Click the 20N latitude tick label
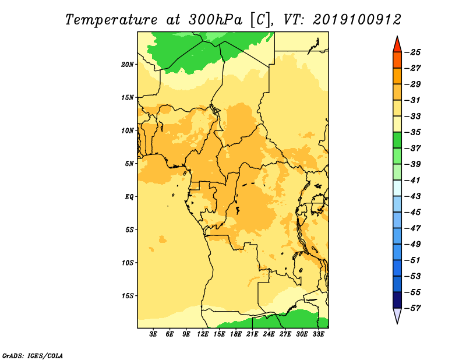pos(128,64)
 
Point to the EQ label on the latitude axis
pos(129,196)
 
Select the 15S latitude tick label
pos(128,295)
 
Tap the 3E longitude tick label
pos(153,334)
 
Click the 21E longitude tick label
pos(252,334)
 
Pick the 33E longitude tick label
pos(318,334)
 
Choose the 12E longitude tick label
pos(203,334)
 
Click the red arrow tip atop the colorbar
pos(397,36)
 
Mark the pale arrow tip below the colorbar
pos(397,323)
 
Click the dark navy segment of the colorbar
pos(397,300)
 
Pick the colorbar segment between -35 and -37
pos(397,140)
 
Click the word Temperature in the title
pos(111,20)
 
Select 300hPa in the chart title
pos(216,20)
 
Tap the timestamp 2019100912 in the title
pos(357,20)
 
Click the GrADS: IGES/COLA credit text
pos(33,355)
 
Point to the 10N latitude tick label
pos(128,130)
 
